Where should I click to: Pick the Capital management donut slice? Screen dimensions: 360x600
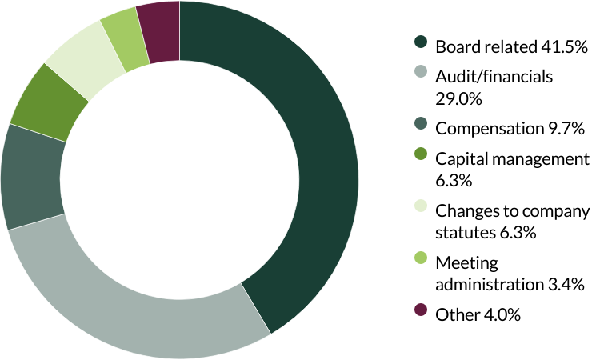(48, 104)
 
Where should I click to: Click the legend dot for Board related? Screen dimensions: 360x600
(421, 44)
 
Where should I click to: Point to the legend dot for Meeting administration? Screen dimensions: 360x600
(421, 260)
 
